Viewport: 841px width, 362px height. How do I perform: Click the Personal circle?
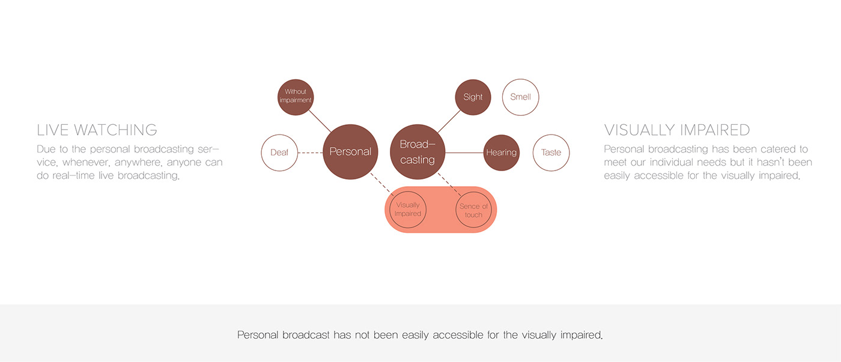(x=350, y=152)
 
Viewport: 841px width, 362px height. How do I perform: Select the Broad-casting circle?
(x=417, y=152)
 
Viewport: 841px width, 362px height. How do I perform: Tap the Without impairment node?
(x=296, y=96)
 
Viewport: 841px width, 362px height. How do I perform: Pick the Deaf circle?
(x=279, y=152)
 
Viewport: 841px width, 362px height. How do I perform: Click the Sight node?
(x=473, y=97)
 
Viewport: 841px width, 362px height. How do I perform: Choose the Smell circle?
(x=520, y=97)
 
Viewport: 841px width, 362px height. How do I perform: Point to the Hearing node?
(x=501, y=152)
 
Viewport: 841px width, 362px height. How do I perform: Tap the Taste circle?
(x=551, y=152)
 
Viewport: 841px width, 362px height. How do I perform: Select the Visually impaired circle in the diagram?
(x=408, y=210)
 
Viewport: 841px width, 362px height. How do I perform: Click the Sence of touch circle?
(x=473, y=210)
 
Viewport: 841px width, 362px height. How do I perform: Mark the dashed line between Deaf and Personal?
(x=310, y=152)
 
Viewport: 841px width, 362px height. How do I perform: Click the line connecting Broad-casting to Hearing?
(x=464, y=152)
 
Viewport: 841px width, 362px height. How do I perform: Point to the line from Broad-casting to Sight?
(x=448, y=122)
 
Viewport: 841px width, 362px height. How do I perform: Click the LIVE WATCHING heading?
(x=97, y=130)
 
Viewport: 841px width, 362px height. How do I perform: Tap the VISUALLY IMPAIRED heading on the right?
(x=676, y=130)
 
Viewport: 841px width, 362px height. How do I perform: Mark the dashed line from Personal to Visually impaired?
(x=381, y=184)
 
